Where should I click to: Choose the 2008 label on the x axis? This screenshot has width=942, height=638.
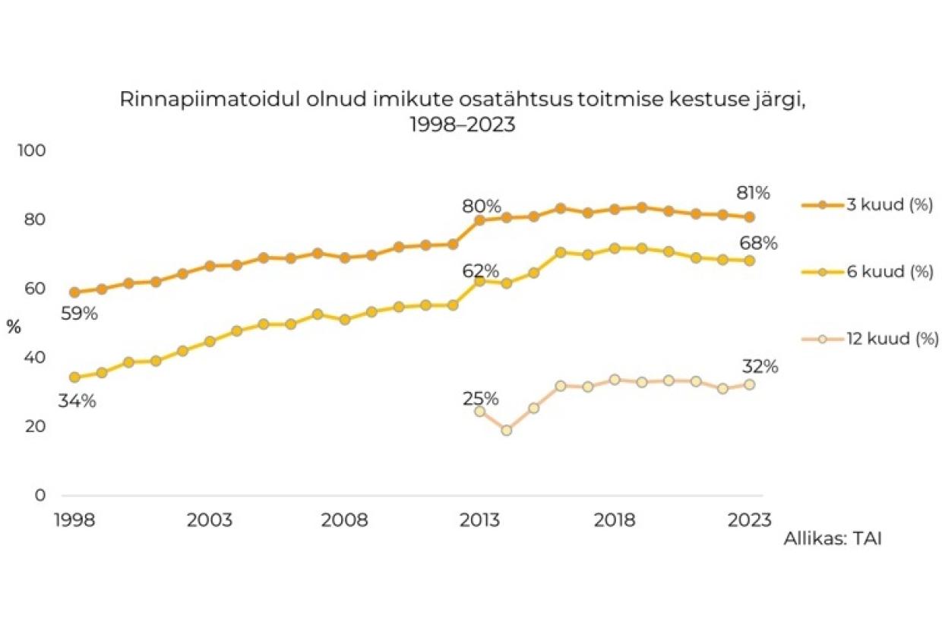click(x=345, y=521)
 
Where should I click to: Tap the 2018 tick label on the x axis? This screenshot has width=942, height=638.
click(x=615, y=521)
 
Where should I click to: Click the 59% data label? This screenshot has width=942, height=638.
click(x=79, y=313)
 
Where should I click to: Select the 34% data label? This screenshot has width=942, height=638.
click(x=77, y=401)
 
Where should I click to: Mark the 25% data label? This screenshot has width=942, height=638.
click(x=481, y=399)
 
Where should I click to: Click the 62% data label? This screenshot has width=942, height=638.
click(x=481, y=271)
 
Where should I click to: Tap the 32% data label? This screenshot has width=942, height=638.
click(x=760, y=367)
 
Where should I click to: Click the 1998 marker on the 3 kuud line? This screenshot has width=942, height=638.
click(x=74, y=292)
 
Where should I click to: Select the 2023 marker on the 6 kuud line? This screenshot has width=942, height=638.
click(x=750, y=261)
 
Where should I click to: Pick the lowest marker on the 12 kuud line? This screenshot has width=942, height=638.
click(x=507, y=430)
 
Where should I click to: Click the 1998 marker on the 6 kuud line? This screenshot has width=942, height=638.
click(x=74, y=377)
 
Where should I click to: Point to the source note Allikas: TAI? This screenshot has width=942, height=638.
click(x=833, y=539)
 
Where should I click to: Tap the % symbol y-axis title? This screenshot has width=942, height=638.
click(x=14, y=327)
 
